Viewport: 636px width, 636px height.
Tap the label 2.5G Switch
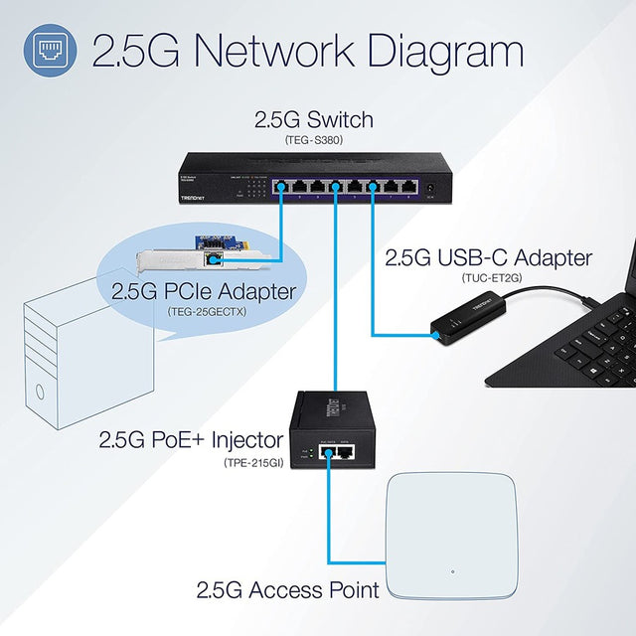coord(313,120)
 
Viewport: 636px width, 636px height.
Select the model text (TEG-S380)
coord(314,140)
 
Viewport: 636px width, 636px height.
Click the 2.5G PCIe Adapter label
coord(204,292)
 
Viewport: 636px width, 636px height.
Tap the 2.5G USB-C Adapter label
coord(488,258)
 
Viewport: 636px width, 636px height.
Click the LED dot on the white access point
coord(452,571)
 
